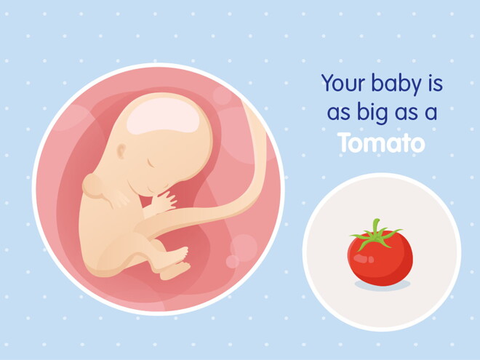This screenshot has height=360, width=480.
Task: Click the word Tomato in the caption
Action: click(x=381, y=143)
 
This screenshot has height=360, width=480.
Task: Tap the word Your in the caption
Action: click(x=343, y=84)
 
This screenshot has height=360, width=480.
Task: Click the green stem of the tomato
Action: click(x=375, y=234)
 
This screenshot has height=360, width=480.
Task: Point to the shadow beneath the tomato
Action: click(x=382, y=284)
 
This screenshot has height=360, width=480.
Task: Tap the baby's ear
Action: click(x=122, y=152)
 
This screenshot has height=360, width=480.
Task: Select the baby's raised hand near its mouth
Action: click(x=161, y=201)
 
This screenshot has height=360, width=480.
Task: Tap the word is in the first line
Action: click(x=434, y=84)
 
